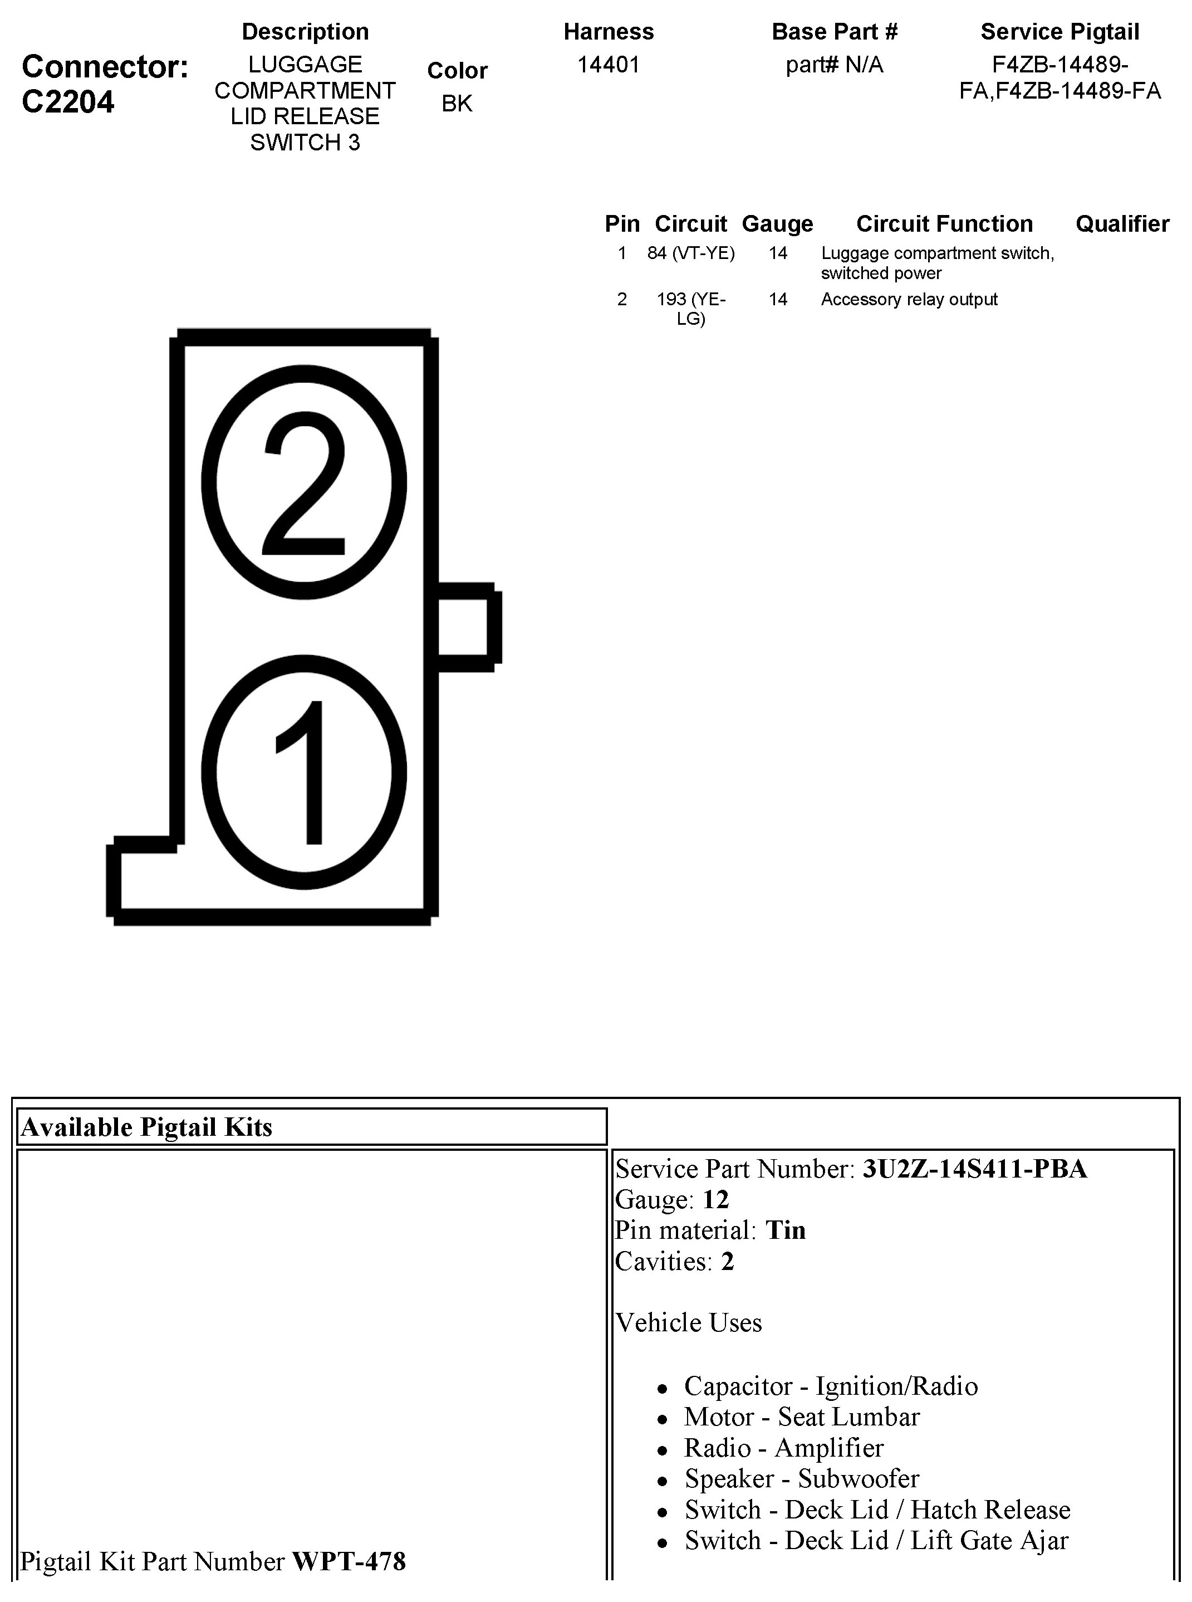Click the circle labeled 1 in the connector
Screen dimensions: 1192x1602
[304, 772]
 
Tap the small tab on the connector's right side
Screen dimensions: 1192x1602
[468, 627]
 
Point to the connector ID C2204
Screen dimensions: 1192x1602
[68, 102]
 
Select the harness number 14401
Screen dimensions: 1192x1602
[609, 65]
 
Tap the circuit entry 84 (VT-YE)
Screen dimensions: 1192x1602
[690, 253]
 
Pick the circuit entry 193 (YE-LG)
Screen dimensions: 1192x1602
[690, 308]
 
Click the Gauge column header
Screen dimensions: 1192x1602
[777, 224]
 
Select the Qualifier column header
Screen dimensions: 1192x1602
[1122, 224]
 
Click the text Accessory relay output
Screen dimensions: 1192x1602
[909, 300]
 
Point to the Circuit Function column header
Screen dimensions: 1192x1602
[944, 224]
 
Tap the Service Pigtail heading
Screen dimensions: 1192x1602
[1059, 32]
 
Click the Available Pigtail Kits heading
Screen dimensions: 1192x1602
[146, 1127]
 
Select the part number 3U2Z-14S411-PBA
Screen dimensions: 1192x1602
[974, 1169]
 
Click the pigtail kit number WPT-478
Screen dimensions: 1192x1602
[349, 1561]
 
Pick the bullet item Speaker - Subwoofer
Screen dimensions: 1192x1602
[802, 1478]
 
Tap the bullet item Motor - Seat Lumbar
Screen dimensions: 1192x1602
[802, 1417]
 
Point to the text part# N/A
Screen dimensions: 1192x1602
[834, 65]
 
